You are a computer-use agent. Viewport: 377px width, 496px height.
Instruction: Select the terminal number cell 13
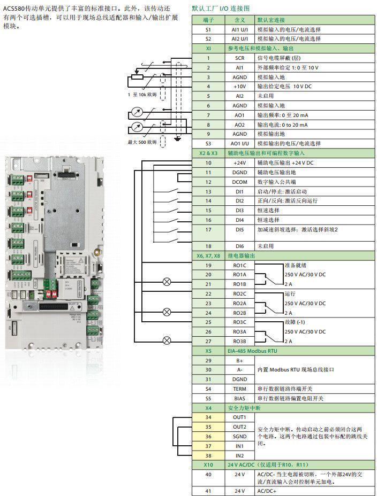tap(208, 191)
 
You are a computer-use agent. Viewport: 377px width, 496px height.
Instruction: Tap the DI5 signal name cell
tap(239, 229)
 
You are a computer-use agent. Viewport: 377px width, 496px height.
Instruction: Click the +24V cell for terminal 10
tap(239, 162)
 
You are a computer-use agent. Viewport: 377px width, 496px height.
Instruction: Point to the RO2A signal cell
tap(239, 303)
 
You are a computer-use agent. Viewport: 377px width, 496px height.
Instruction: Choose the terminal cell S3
tap(208, 143)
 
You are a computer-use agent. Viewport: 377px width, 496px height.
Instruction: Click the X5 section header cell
tap(208, 351)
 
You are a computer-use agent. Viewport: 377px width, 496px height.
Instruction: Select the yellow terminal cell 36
tap(208, 436)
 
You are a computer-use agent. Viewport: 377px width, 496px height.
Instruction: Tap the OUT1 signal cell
tap(239, 417)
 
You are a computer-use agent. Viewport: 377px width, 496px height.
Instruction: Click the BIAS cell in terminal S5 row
tap(239, 398)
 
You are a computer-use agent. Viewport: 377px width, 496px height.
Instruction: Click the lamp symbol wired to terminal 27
tap(167, 339)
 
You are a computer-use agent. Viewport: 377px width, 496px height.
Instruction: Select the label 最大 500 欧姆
tap(142, 142)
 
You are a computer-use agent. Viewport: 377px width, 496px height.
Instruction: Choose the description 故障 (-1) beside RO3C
tap(296, 322)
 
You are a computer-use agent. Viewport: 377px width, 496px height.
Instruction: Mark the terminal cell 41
tap(208, 491)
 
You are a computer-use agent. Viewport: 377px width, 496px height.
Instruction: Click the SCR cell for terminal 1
tap(239, 58)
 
